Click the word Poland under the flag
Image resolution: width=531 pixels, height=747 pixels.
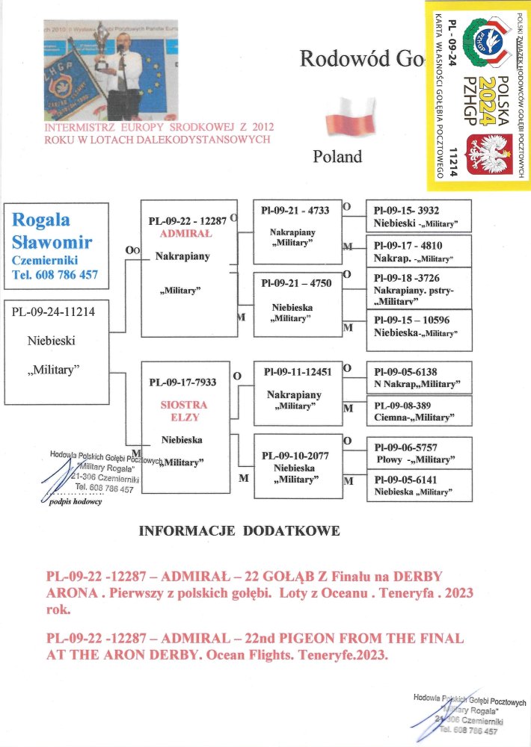point(337,157)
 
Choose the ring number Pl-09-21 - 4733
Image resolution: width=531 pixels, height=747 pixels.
point(295,211)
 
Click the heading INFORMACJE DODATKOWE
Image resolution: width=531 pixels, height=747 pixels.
point(239,531)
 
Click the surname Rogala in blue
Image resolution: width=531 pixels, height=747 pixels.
point(41,220)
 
